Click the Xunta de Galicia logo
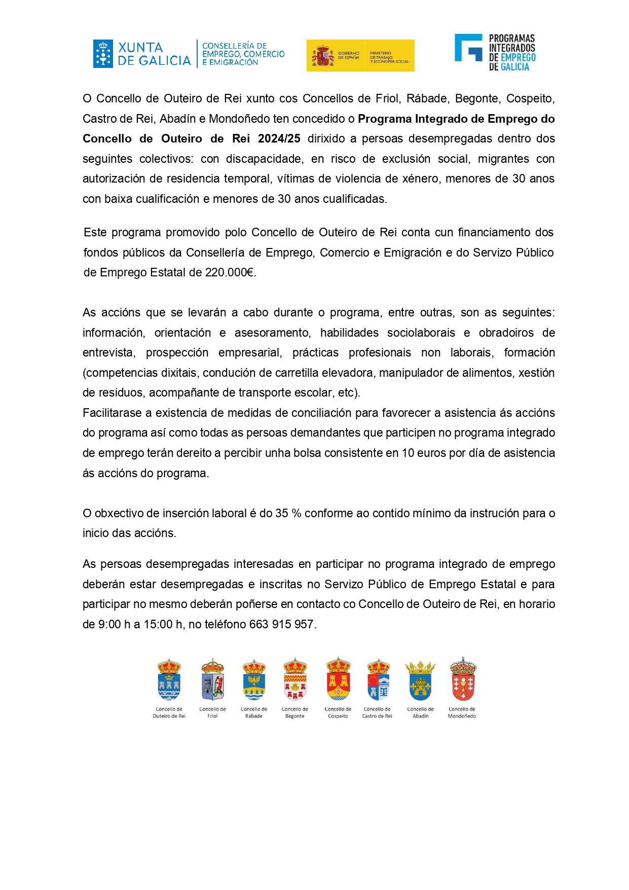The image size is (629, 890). coord(142,54)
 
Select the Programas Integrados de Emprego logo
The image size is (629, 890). coord(495,52)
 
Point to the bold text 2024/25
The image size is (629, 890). coord(279,139)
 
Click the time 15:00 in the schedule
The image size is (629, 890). coord(158,624)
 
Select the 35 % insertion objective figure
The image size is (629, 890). coord(288,513)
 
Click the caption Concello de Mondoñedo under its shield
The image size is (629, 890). coord(462,713)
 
